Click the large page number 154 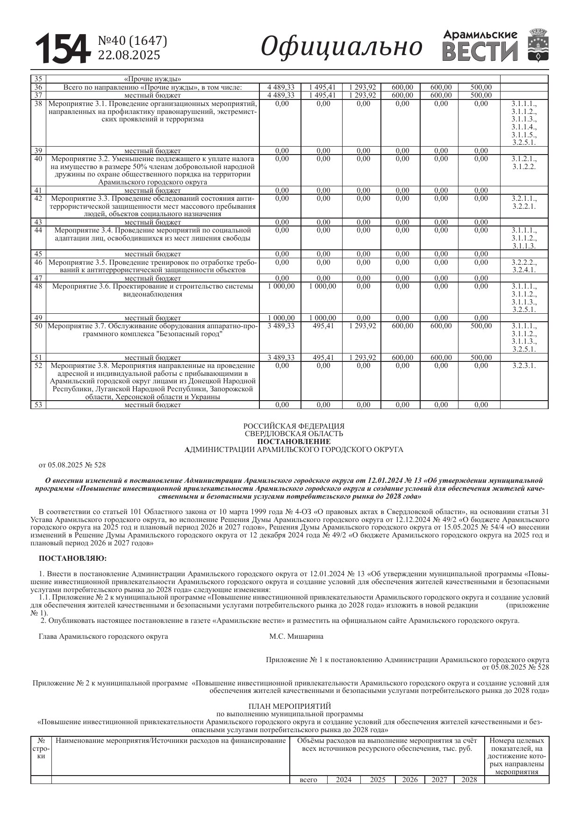point(62,49)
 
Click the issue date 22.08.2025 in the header point(129,56)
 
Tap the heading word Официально point(341,47)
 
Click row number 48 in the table point(38,286)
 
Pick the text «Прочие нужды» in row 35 point(152,78)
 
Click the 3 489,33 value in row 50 point(281,326)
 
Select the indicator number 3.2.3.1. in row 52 point(523,366)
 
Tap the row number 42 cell point(38,198)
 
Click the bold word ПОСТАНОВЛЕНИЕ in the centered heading point(294,441)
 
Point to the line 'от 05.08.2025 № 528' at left point(72,465)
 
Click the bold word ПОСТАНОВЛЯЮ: point(72,558)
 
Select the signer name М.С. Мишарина point(296,636)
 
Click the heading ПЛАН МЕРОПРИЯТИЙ point(290,706)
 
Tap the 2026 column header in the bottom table point(409,779)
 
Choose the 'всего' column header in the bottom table point(308,779)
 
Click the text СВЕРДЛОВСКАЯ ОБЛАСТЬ point(294,433)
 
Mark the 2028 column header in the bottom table point(469,779)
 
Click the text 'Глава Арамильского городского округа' point(103,636)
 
